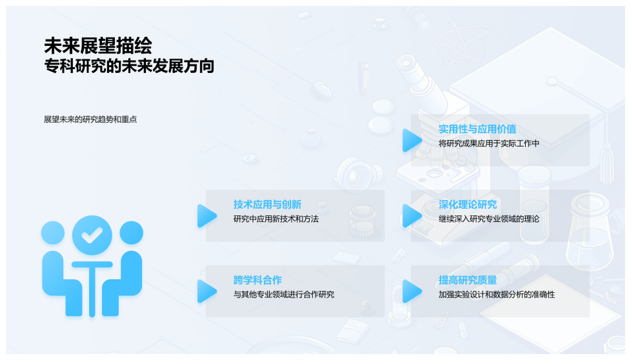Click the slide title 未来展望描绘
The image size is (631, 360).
(x=98, y=45)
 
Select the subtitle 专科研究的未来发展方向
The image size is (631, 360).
(x=129, y=66)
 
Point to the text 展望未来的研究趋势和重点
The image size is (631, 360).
(x=90, y=120)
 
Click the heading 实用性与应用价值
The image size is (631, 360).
(x=477, y=129)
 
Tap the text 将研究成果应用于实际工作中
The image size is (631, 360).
(x=488, y=143)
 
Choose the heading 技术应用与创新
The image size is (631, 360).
(x=267, y=204)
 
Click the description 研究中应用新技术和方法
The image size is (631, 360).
(x=275, y=219)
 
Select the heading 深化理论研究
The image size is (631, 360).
(x=467, y=204)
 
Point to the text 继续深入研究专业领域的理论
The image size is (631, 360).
(x=488, y=219)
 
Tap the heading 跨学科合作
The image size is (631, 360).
(x=258, y=280)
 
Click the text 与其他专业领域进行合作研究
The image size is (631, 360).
(x=283, y=294)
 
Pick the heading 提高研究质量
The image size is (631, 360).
(x=467, y=280)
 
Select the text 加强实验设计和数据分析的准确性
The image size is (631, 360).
(x=496, y=294)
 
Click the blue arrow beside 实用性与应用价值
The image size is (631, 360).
(x=411, y=140)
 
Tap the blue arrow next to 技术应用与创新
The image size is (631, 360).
(x=206, y=215)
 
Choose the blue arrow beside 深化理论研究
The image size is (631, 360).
(x=411, y=215)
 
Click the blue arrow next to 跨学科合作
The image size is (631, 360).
(x=206, y=291)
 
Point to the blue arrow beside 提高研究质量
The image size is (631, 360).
(x=411, y=291)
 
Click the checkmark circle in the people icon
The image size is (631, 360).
(x=92, y=234)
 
